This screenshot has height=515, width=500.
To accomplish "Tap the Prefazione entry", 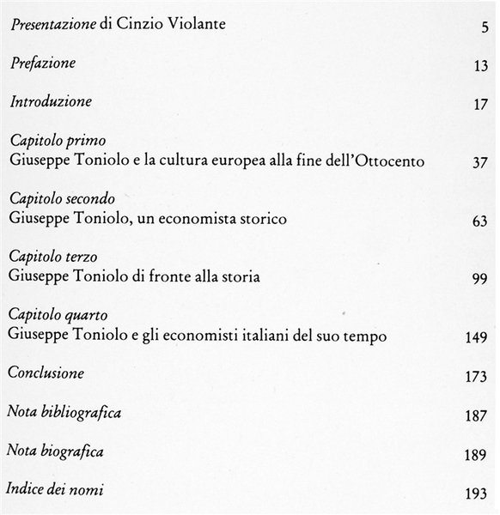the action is [42, 64].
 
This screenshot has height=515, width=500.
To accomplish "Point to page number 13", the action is [479, 67].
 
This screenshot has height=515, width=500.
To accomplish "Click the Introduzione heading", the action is [50, 101].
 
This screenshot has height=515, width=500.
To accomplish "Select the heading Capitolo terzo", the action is [53, 257].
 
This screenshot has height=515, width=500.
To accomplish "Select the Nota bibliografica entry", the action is [64, 413].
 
